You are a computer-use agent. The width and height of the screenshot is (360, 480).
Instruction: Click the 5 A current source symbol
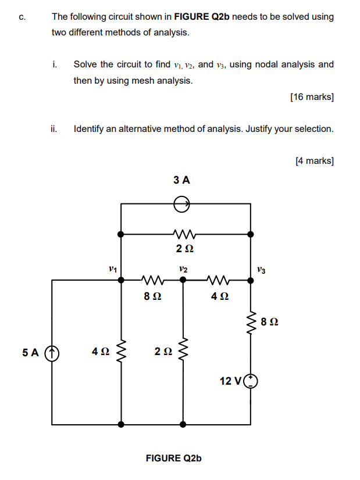[53, 353]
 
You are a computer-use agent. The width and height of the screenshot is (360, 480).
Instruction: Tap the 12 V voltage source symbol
[251, 381]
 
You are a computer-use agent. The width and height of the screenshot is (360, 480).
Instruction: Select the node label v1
[113, 269]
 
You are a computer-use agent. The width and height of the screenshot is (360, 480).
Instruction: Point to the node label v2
[183, 269]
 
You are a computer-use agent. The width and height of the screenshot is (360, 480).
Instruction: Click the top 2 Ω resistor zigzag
[184, 235]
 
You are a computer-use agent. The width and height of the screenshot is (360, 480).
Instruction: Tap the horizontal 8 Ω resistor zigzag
[152, 280]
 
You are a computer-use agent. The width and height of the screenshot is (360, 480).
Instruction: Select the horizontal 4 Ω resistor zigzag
[218, 280]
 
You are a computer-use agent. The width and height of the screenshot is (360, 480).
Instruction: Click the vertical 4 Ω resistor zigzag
[121, 350]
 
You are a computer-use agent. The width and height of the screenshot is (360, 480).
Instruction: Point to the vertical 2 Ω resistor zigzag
[183, 350]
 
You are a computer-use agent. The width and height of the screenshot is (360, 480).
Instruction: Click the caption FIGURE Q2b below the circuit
[173, 458]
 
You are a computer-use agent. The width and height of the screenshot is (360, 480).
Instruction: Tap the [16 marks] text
[311, 97]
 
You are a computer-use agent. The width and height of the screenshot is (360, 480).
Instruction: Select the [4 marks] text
[314, 160]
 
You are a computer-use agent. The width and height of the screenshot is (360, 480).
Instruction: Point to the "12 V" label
[230, 381]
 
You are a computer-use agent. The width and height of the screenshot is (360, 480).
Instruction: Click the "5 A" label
[30, 353]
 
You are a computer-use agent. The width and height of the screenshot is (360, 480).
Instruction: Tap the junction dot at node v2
[183, 280]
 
